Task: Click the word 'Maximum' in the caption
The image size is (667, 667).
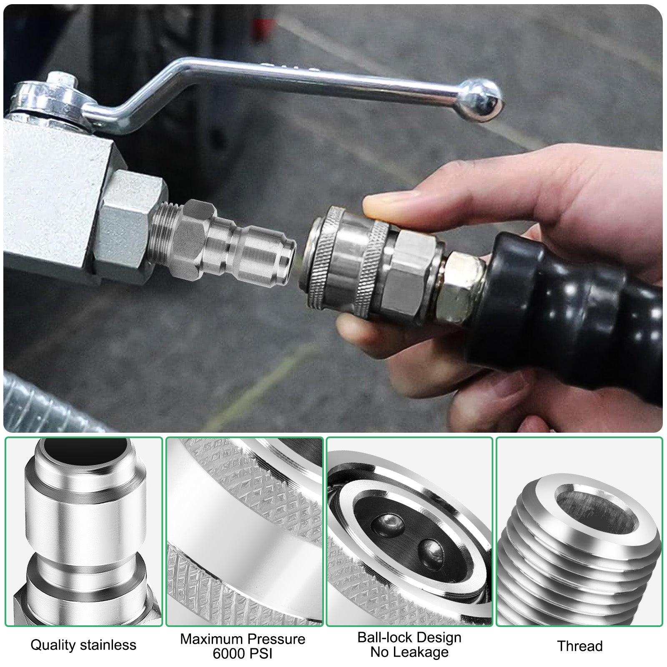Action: [211, 639]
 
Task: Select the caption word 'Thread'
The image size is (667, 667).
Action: [580, 646]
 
